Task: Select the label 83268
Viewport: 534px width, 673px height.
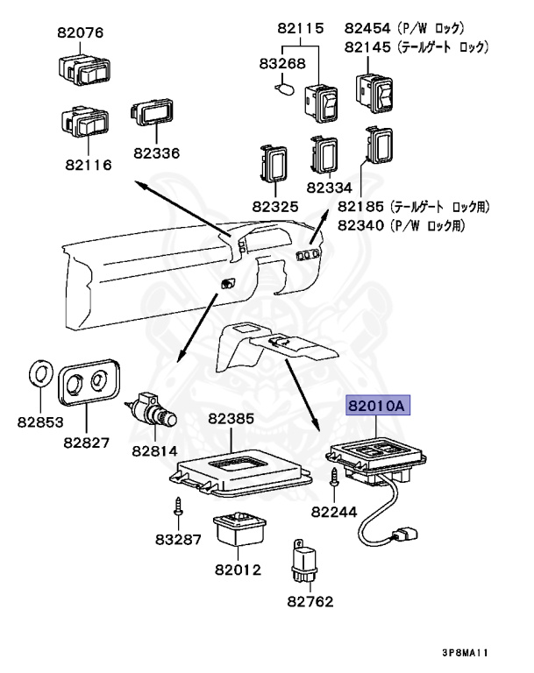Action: tap(281, 63)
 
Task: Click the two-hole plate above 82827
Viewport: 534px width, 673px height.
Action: tap(89, 383)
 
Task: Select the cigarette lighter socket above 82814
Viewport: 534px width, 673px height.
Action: tap(154, 410)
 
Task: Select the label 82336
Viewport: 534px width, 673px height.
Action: tap(156, 152)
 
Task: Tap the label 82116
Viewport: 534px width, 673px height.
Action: tap(87, 164)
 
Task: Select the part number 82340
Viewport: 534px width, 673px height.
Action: tap(362, 225)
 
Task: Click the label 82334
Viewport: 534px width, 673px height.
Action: tap(329, 188)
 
